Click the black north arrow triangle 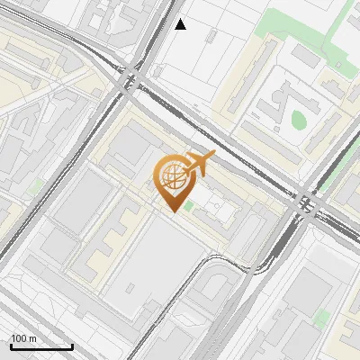pos(181,24)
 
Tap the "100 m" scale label pos(25,338)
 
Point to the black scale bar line pos(41,346)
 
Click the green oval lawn pos(298,118)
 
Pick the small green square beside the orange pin pos(189,206)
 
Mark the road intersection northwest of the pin pos(129,78)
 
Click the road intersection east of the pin pos(308,205)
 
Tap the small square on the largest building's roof pos(132,289)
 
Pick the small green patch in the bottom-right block pos(321,317)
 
